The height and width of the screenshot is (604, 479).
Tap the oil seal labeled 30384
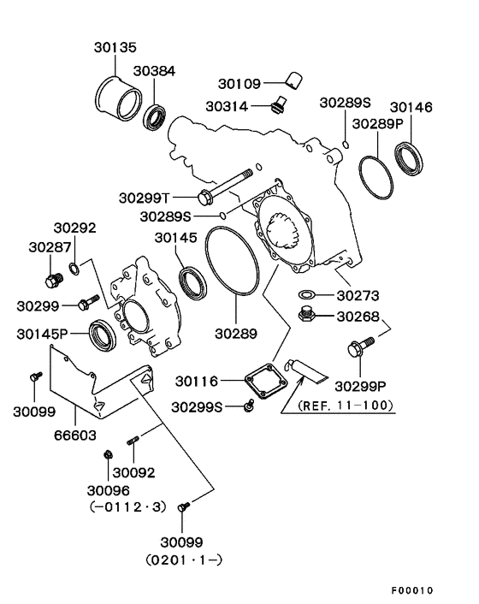click(156, 117)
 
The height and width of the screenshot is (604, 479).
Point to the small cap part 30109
click(293, 81)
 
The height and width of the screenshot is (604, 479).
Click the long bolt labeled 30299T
click(230, 187)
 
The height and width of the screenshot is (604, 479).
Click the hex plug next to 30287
click(53, 278)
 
